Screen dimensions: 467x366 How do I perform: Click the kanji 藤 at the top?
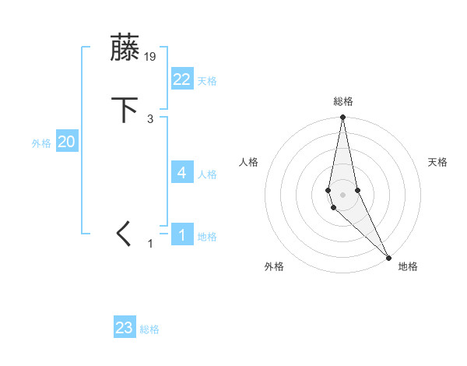pyautogui.click(x=125, y=48)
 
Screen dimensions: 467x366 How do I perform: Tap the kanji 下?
pyautogui.click(x=125, y=110)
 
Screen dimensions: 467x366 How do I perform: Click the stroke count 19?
pyautogui.click(x=150, y=57)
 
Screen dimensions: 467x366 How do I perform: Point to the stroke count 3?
pyautogui.click(x=150, y=119)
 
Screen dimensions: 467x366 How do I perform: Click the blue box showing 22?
pyautogui.click(x=182, y=79)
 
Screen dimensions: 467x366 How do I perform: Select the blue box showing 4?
pyautogui.click(x=182, y=173)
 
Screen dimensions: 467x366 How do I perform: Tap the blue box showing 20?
pyautogui.click(x=67, y=142)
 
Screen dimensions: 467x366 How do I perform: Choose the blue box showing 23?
pyautogui.click(x=125, y=328)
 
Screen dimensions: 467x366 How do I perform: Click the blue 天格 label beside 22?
pyautogui.click(x=207, y=81)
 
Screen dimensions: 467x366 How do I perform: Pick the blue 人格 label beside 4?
pyautogui.click(x=207, y=174)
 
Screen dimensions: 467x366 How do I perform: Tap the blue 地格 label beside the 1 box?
pyautogui.click(x=207, y=237)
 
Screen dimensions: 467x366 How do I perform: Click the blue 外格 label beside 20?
pyautogui.click(x=41, y=143)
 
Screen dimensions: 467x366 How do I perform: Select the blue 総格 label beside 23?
pyautogui.click(x=149, y=329)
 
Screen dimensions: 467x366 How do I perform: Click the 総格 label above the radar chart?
pyautogui.click(x=343, y=101)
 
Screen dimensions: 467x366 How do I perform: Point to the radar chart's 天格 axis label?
pyautogui.click(x=438, y=162)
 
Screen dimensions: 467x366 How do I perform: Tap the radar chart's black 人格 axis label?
pyautogui.click(x=248, y=162)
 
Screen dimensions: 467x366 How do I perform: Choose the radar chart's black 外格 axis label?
pyautogui.click(x=274, y=266)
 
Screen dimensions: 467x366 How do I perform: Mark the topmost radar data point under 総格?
pyautogui.click(x=342, y=118)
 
